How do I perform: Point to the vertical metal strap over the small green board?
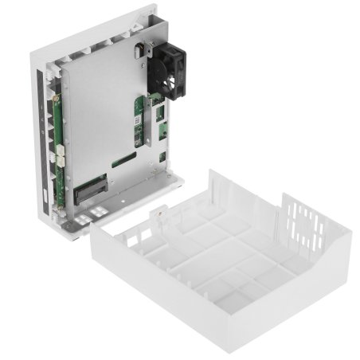pyautogui.click(x=143, y=127)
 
